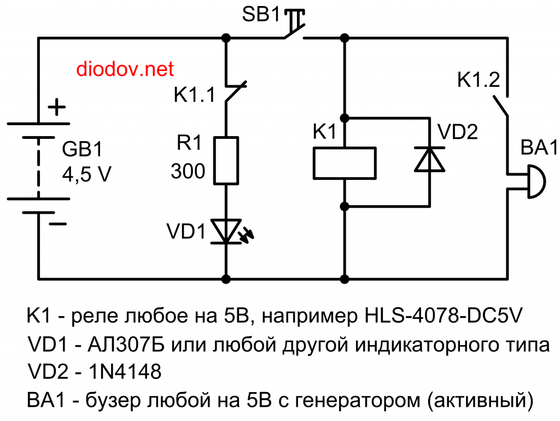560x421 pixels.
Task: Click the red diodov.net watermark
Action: (x=125, y=69)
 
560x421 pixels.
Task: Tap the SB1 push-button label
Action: (x=261, y=15)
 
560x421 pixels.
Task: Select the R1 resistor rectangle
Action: (x=226, y=160)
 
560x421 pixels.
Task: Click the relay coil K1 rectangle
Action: (x=345, y=162)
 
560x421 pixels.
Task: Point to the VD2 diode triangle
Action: (x=428, y=160)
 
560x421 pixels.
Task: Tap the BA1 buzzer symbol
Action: (x=534, y=182)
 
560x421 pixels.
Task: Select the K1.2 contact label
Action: (x=478, y=80)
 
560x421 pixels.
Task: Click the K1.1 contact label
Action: (x=195, y=95)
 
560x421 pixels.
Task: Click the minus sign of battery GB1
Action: (x=56, y=224)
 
